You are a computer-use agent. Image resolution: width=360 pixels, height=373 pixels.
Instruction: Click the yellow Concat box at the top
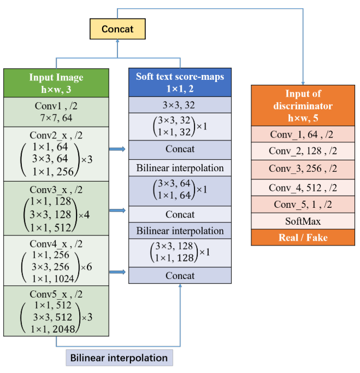click(117, 29)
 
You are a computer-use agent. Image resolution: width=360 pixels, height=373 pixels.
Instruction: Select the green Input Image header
click(56, 83)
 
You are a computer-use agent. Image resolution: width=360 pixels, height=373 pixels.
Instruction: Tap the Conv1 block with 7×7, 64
click(56, 112)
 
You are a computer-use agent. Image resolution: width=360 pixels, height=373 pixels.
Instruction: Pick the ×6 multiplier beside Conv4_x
click(87, 266)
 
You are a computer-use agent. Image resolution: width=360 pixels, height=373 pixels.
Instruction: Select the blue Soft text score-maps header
click(180, 82)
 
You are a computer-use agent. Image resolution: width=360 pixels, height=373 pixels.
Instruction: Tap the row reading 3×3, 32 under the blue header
click(180, 105)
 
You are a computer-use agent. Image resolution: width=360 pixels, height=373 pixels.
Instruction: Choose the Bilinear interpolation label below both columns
click(119, 358)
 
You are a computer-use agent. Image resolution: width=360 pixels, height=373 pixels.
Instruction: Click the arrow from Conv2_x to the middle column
click(117, 149)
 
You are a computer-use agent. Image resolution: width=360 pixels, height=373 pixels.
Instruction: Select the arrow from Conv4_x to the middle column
click(117, 271)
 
